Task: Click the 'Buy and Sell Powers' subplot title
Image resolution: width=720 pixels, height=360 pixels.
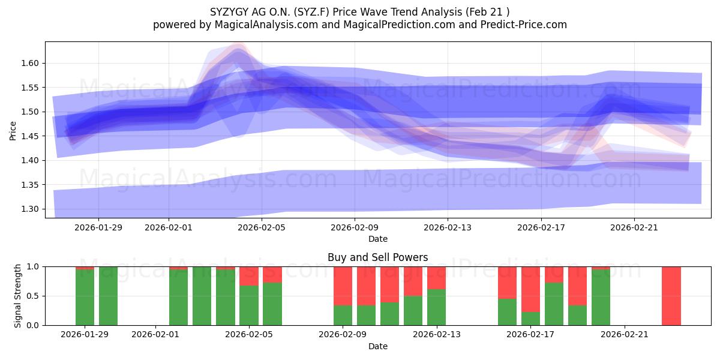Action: click(x=377, y=257)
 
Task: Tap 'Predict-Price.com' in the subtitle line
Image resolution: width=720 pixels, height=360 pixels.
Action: click(x=526, y=25)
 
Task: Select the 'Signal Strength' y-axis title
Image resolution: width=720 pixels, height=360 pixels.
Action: click(x=18, y=295)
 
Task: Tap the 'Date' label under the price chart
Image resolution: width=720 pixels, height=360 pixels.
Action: click(x=377, y=239)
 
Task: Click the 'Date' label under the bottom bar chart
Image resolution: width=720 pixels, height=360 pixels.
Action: click(x=377, y=346)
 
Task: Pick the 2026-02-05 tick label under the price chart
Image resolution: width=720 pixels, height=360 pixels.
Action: click(x=262, y=227)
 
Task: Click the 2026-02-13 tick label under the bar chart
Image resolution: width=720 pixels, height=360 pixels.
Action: click(x=436, y=335)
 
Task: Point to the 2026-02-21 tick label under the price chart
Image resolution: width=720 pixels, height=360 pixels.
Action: click(x=634, y=227)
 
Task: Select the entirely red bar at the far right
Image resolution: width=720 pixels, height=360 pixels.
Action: click(x=671, y=296)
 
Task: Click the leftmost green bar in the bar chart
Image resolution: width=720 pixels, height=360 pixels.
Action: click(x=85, y=298)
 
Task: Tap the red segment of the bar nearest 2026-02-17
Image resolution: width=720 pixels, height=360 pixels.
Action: click(x=530, y=289)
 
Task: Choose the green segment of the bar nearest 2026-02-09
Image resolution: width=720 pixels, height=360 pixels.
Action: click(x=343, y=315)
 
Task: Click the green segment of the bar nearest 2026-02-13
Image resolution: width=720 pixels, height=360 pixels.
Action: click(x=436, y=307)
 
